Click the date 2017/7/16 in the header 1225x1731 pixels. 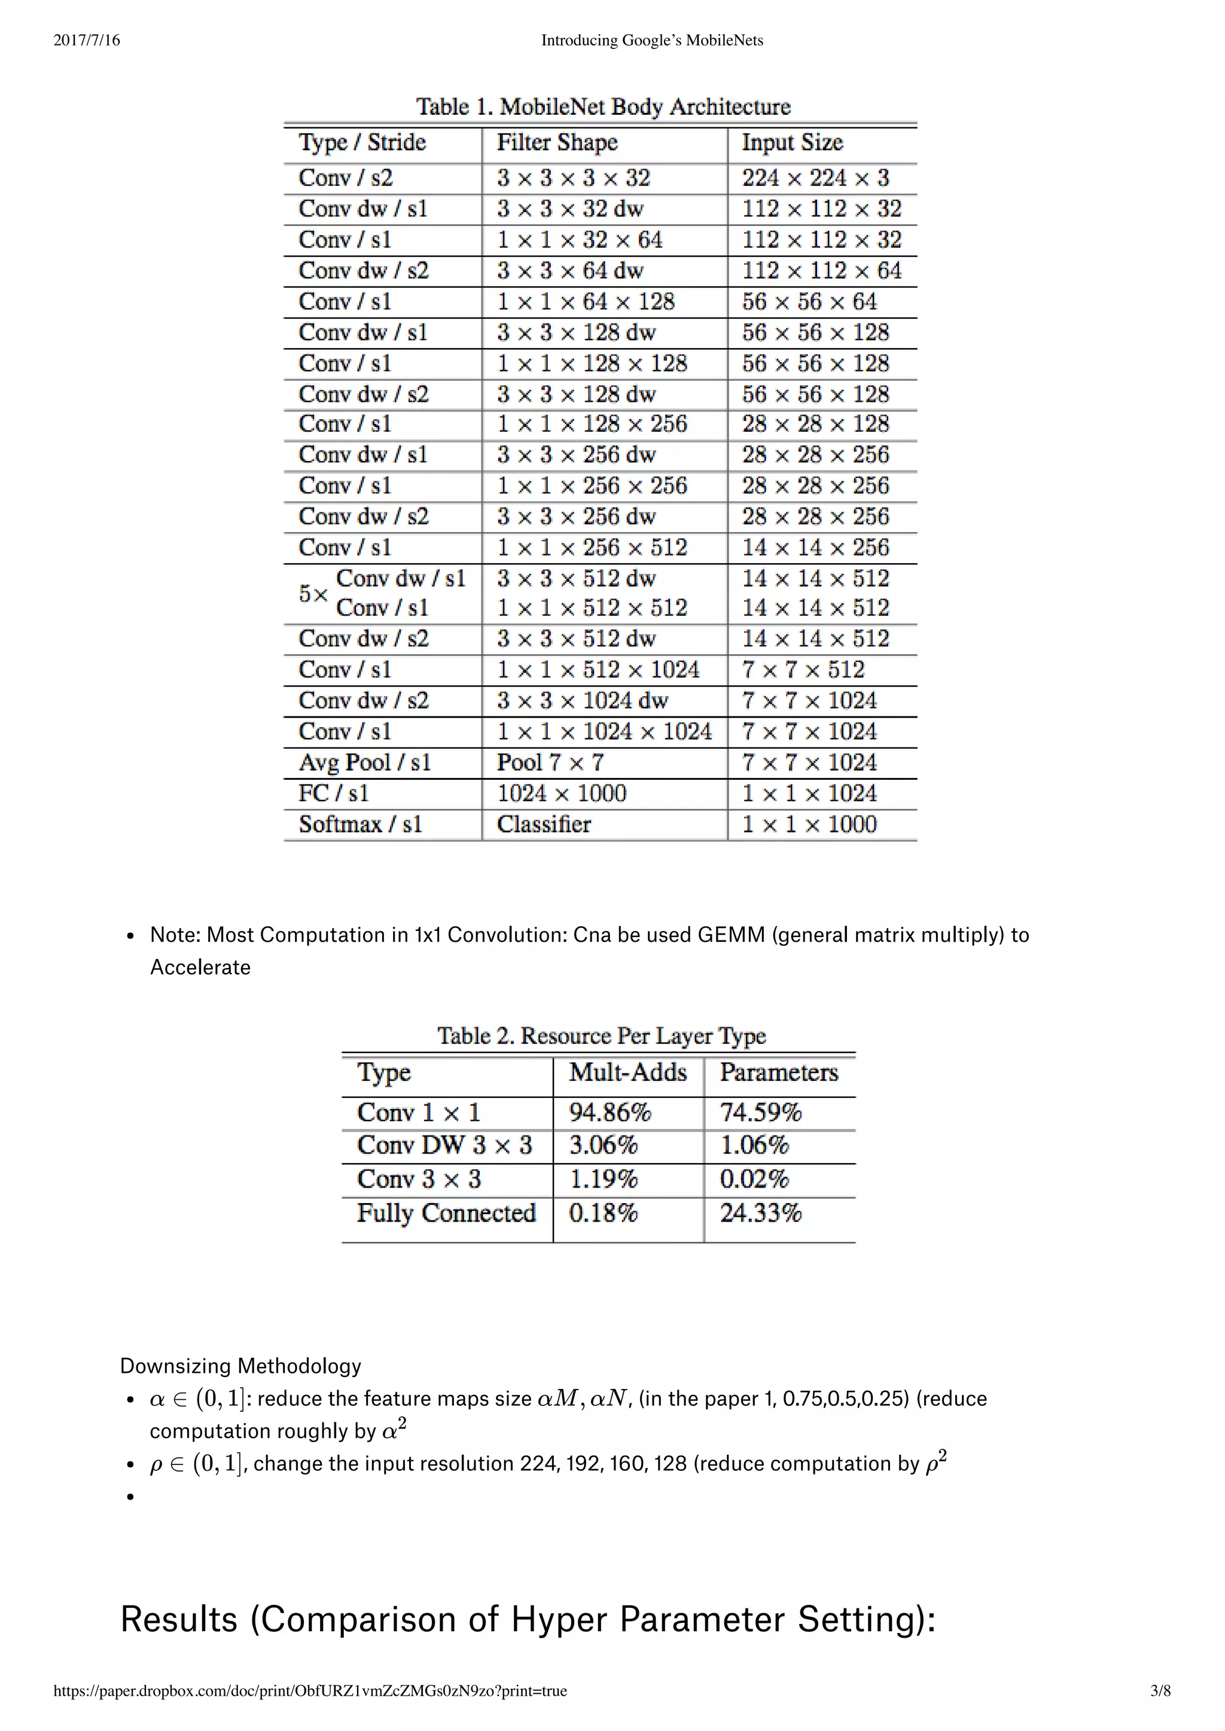87,41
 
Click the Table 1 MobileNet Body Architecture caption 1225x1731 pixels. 603,106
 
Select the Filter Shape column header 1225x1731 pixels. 557,142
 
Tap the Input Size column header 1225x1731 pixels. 791,142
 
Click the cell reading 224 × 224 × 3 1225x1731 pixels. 815,178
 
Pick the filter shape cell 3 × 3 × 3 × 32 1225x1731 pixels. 573,178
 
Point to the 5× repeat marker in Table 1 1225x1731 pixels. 313,593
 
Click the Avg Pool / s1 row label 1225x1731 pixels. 364,762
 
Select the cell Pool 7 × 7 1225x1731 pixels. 550,762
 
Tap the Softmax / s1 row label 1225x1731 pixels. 360,824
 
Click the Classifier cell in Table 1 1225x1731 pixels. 543,824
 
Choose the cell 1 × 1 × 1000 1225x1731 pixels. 809,824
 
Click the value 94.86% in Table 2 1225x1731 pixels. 610,1112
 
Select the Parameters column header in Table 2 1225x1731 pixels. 778,1072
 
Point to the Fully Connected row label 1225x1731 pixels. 446,1213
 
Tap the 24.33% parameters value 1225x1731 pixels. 760,1213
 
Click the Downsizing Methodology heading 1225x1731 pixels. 240,1366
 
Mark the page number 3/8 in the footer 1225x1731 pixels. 1160,1691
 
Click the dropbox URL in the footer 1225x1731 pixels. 310,1691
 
